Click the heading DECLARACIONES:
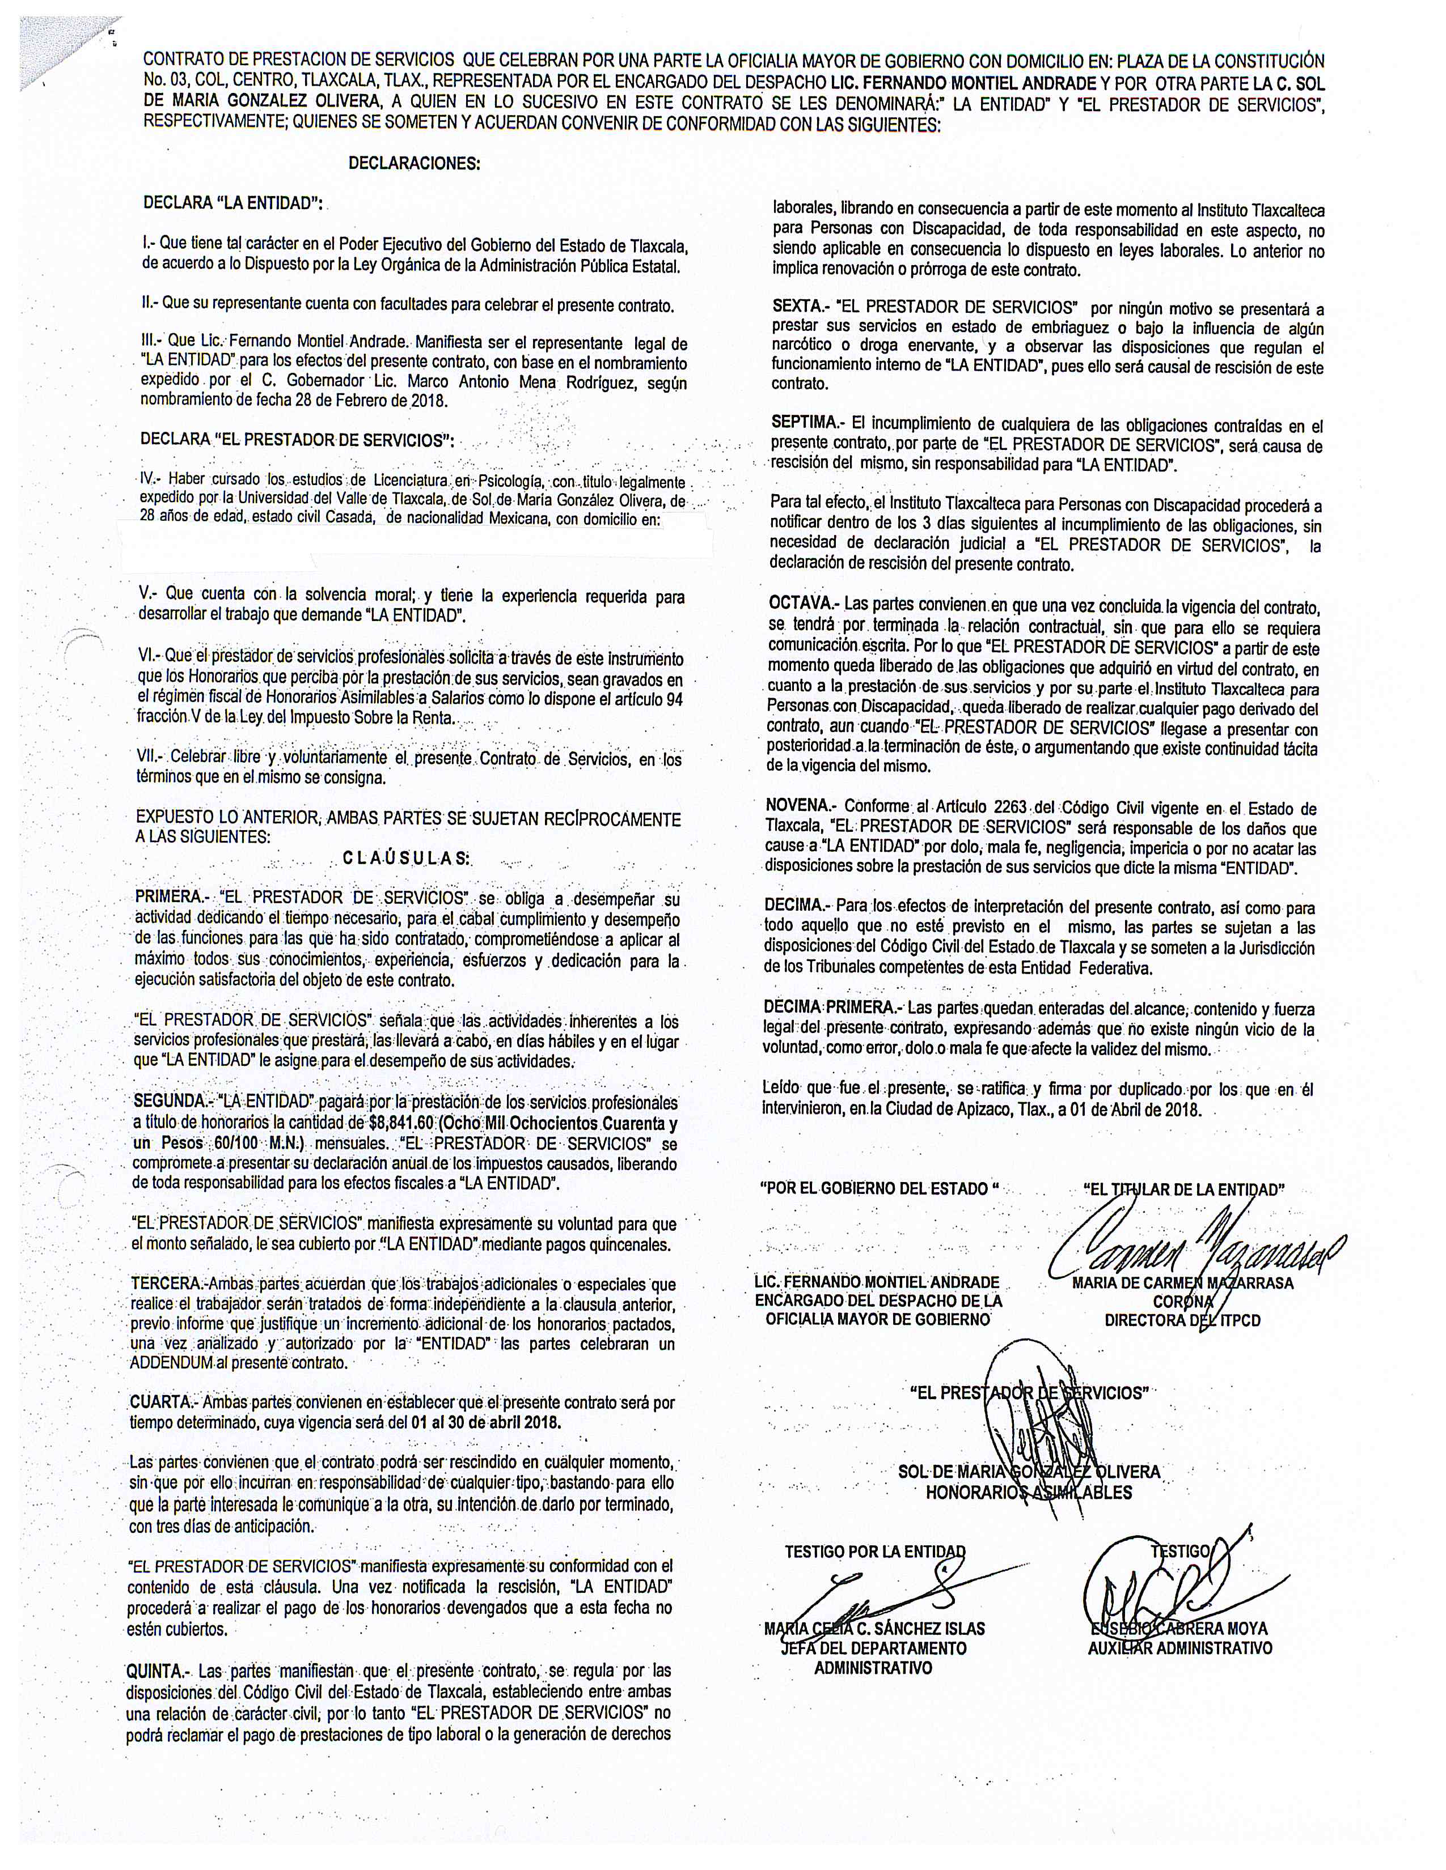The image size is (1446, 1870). (414, 164)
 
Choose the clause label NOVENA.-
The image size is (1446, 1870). (801, 806)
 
